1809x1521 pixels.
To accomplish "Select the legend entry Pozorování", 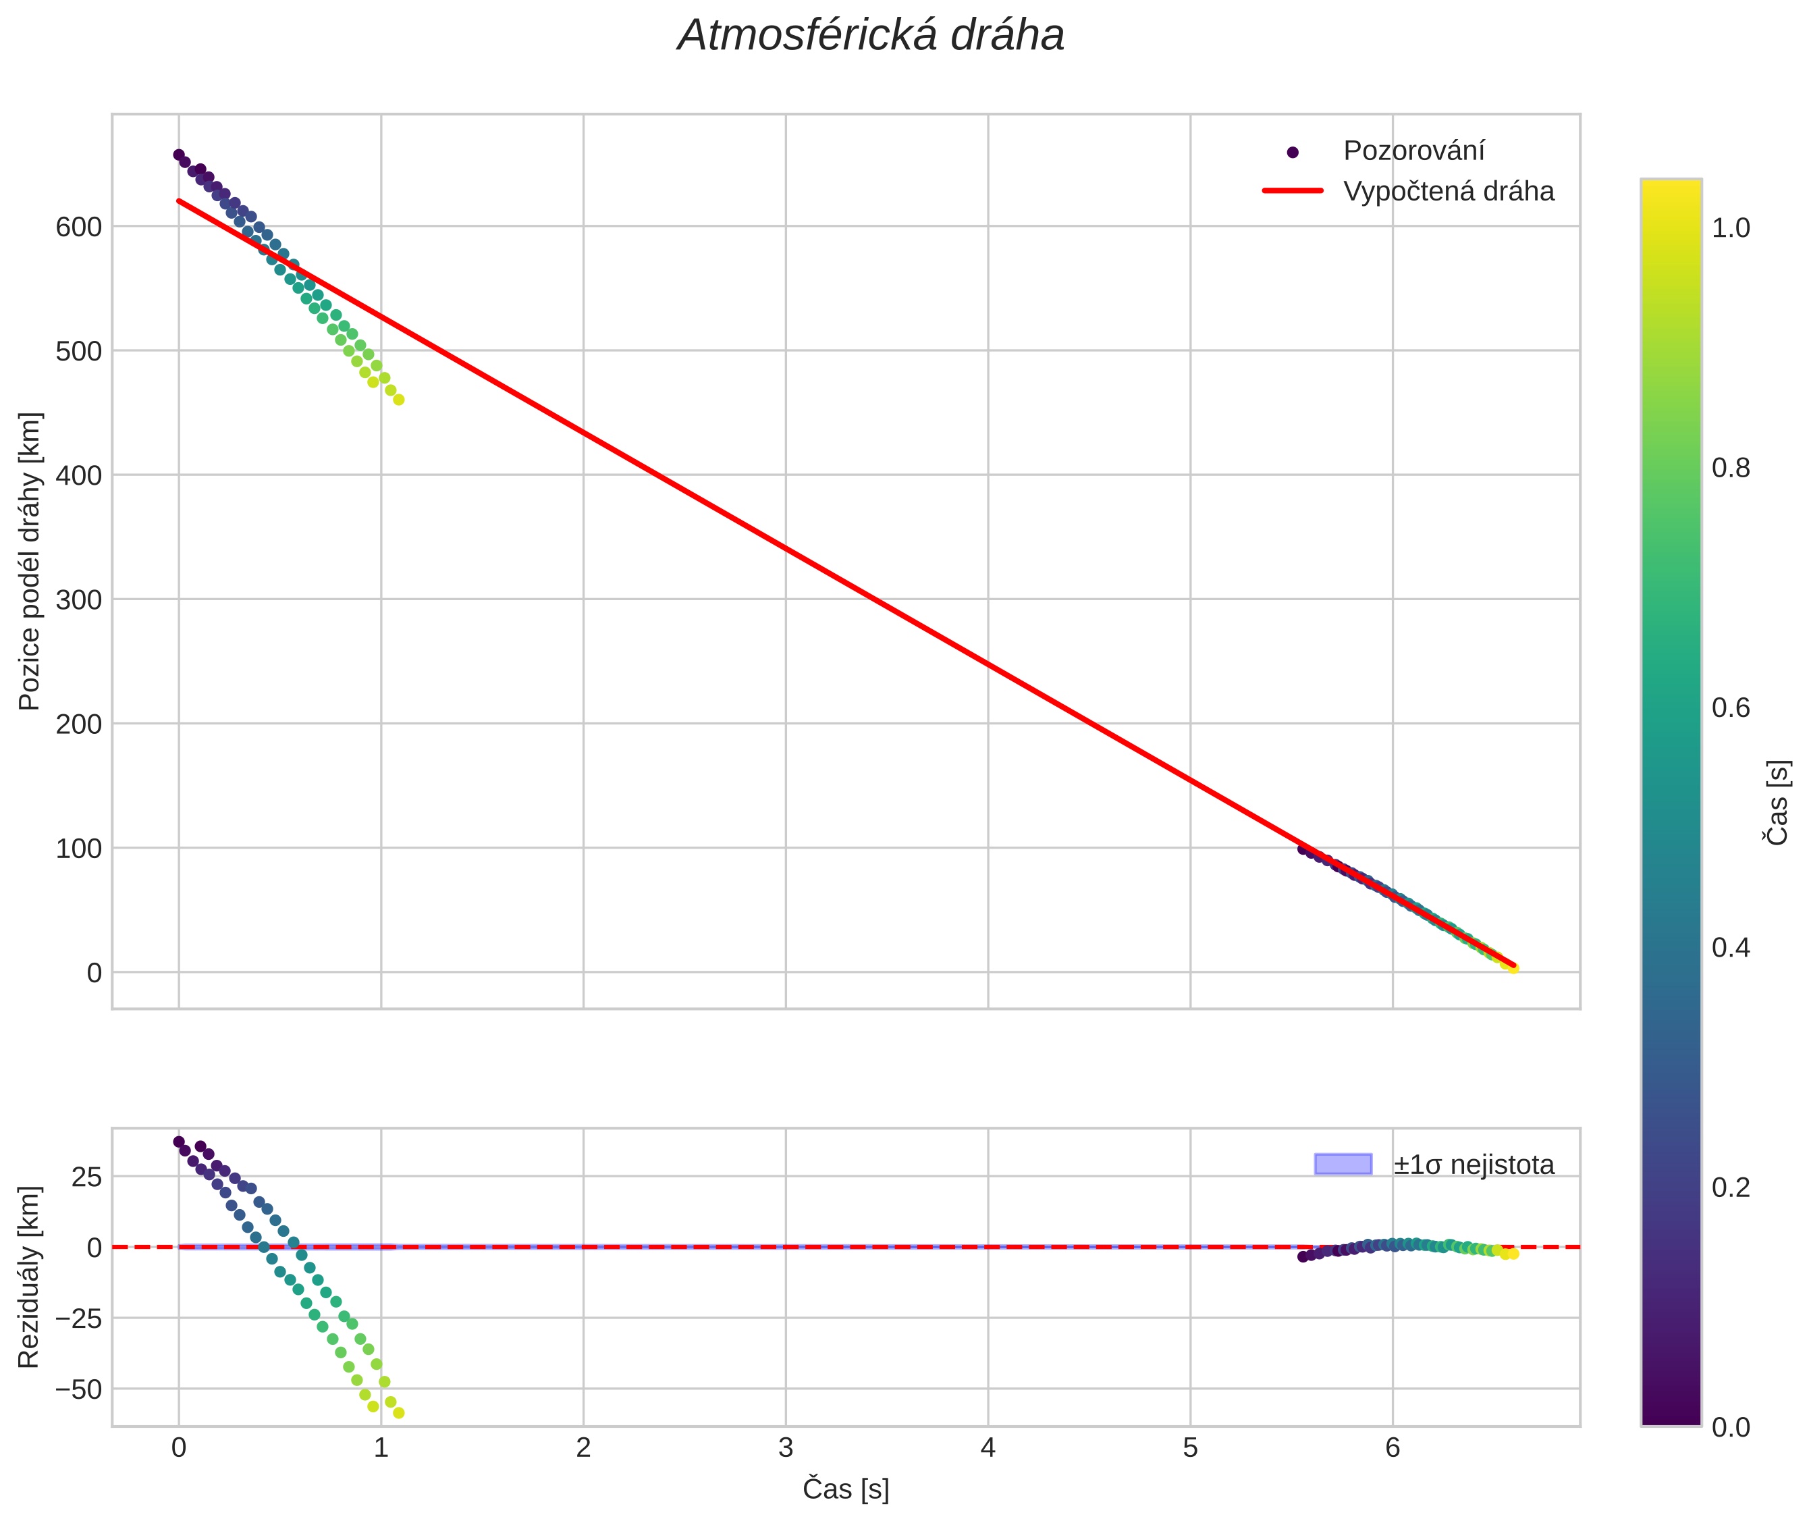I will point(1413,151).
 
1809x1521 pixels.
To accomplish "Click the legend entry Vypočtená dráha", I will point(1448,192).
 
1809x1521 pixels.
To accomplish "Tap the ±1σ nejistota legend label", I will point(1473,1165).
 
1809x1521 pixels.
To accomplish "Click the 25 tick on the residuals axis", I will point(86,1177).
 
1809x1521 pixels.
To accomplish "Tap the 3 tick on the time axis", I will point(786,1447).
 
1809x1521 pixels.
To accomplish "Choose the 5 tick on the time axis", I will point(1190,1447).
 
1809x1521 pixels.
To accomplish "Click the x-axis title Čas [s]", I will point(845,1489).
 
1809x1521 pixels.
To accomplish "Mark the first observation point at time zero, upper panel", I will point(178,155).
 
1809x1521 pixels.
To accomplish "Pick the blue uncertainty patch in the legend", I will point(1343,1164).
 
